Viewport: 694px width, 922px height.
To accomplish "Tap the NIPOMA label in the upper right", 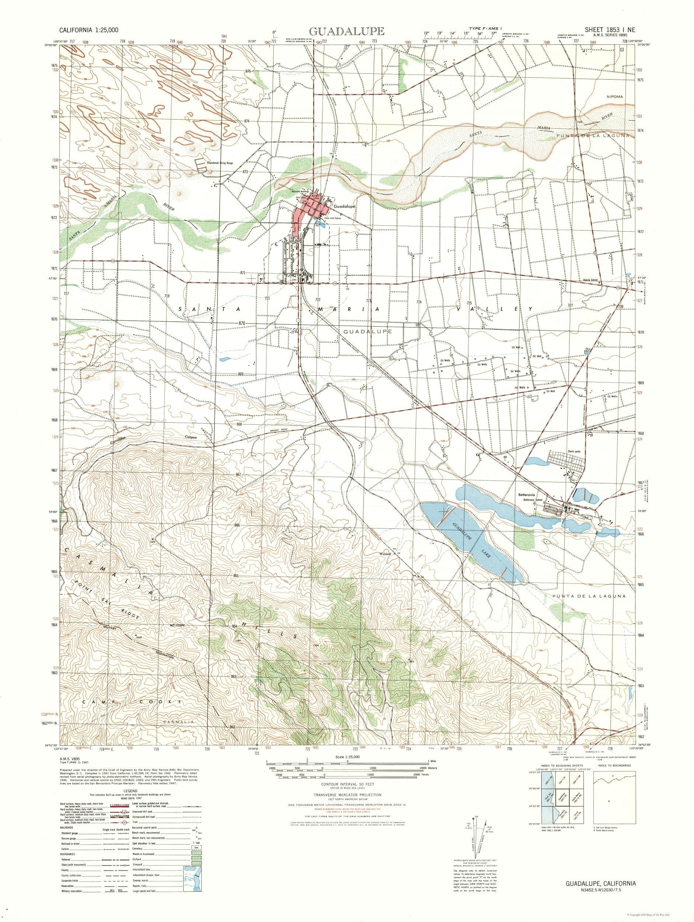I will tap(614, 97).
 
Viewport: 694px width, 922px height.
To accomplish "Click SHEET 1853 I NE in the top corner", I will tap(604, 30).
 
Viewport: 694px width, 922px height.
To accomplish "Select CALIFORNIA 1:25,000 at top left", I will tap(89, 30).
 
